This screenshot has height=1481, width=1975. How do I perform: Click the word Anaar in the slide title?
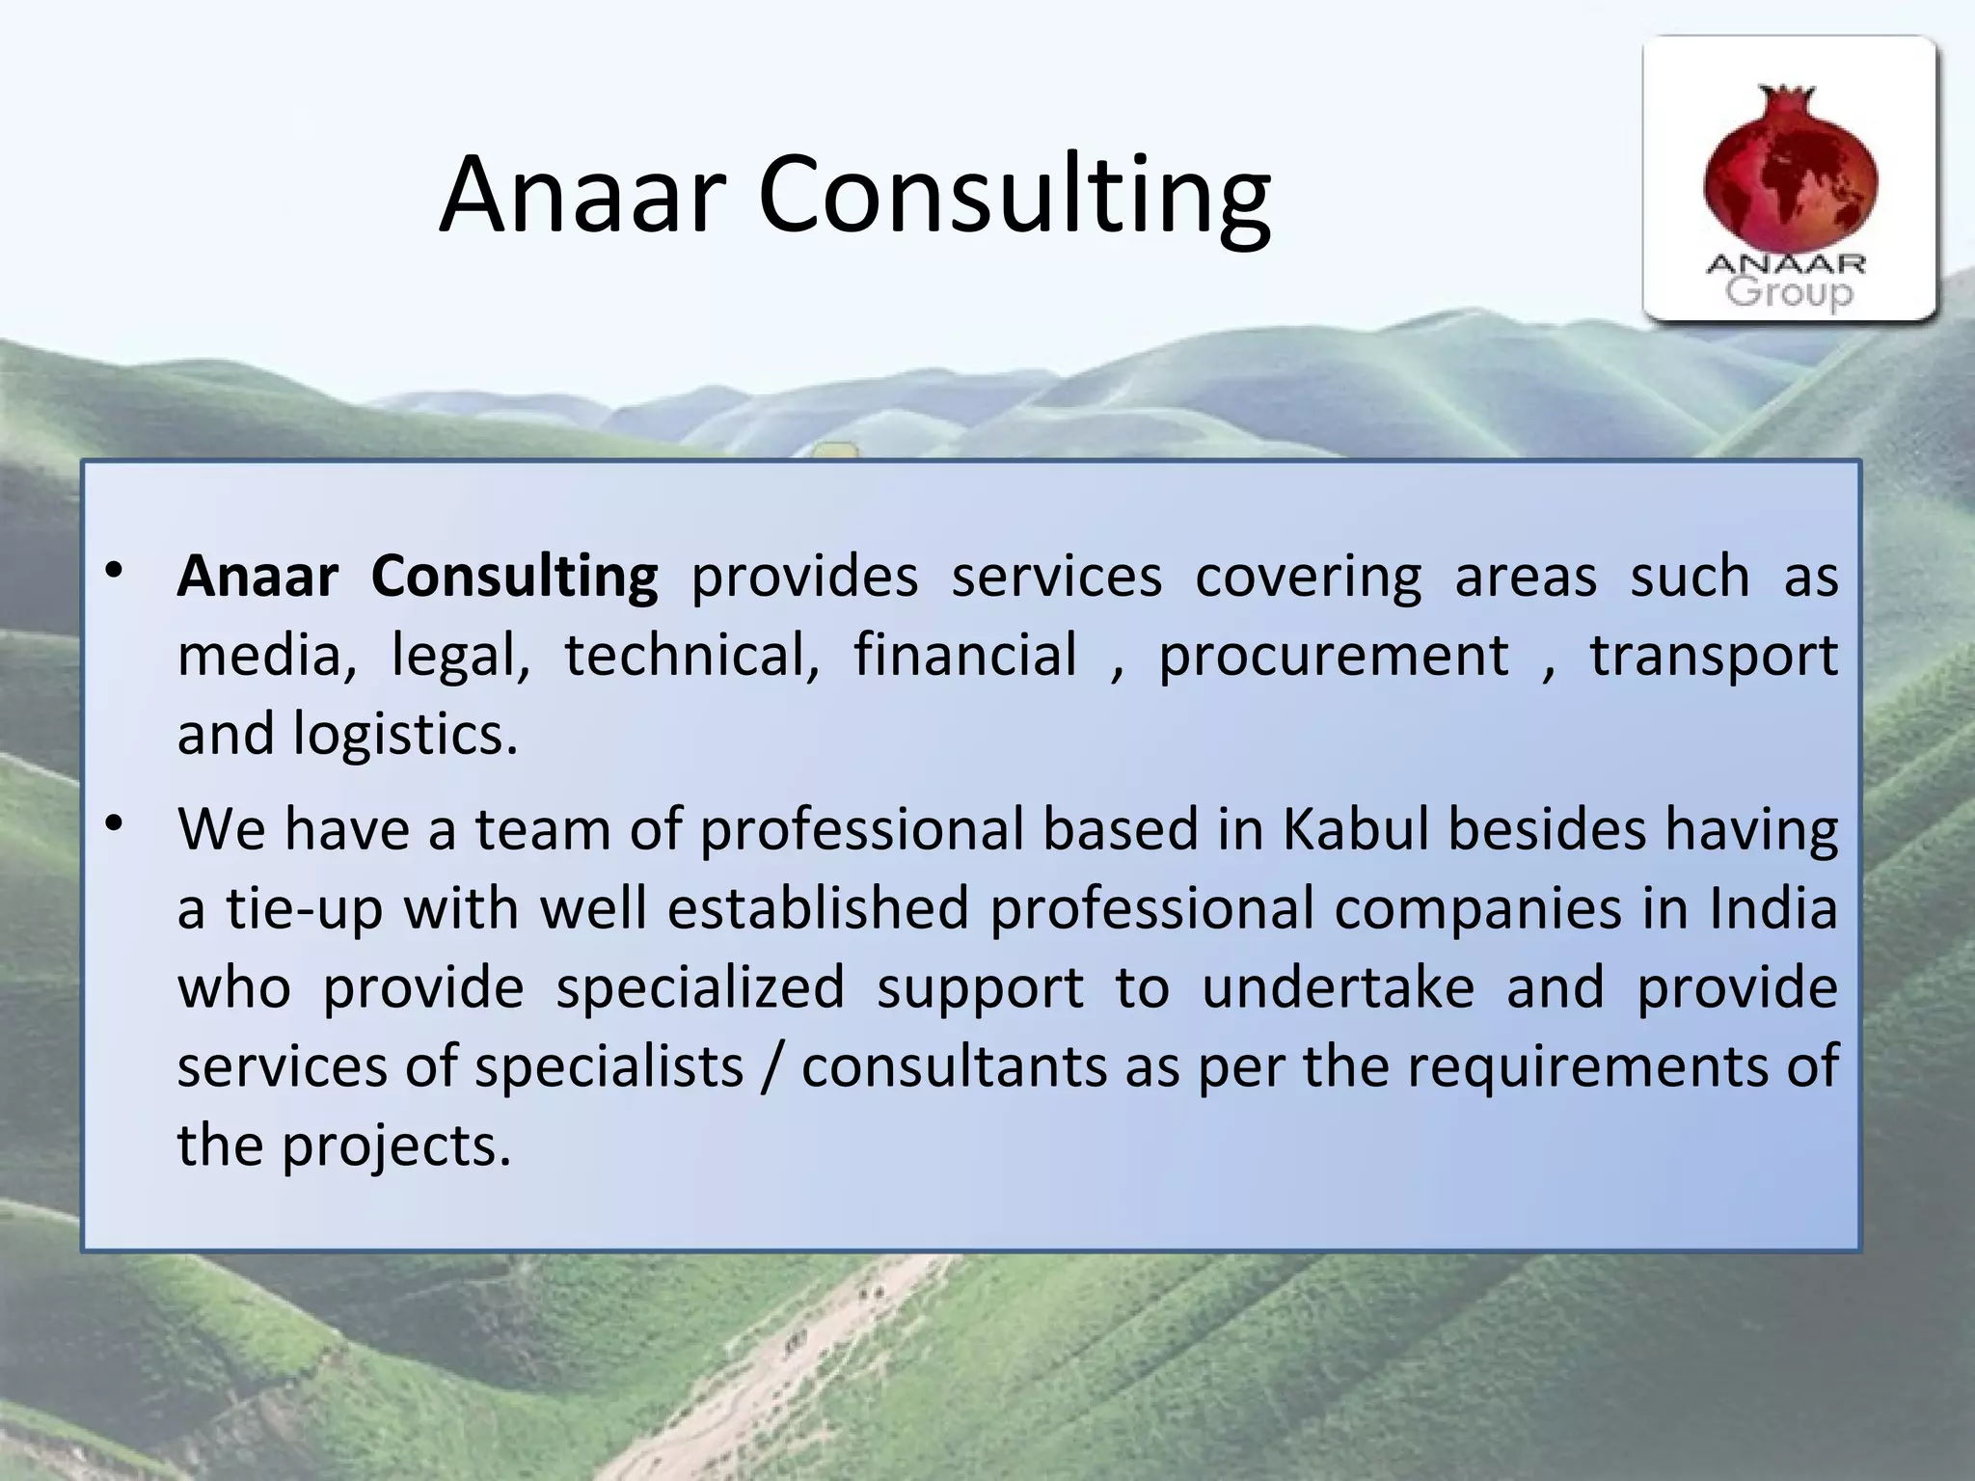coord(582,195)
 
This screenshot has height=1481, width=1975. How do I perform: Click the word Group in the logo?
coord(1789,291)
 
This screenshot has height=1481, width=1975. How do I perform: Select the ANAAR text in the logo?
coord(1786,263)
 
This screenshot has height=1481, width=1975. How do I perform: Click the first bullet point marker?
coord(115,571)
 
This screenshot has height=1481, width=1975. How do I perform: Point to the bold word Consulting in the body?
coord(514,577)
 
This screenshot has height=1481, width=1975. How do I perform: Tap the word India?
coord(1773,908)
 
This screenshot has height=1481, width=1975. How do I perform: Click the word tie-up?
coord(305,910)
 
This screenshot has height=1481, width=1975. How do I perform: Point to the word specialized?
coord(700,987)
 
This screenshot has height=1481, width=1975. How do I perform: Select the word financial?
coord(964,656)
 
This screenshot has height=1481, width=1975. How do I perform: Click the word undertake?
coord(1338,987)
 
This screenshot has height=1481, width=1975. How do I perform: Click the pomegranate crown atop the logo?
coord(1787,96)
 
